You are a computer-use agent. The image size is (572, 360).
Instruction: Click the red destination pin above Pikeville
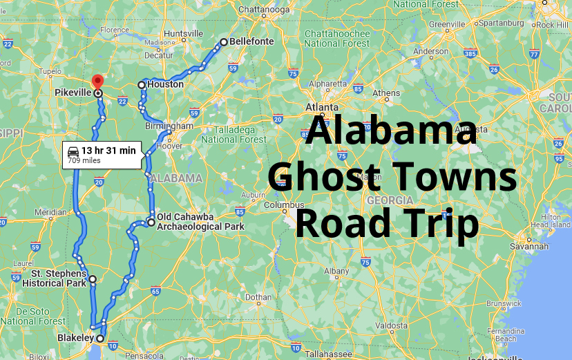click(97, 80)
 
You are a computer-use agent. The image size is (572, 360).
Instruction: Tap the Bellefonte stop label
click(251, 41)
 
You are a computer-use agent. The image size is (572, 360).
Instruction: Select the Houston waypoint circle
click(142, 85)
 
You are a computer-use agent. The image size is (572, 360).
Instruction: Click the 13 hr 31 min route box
click(102, 154)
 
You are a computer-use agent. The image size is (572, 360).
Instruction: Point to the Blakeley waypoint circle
click(100, 339)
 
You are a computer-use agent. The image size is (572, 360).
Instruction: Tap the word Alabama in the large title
click(392, 131)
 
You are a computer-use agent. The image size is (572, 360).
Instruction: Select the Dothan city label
click(258, 298)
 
